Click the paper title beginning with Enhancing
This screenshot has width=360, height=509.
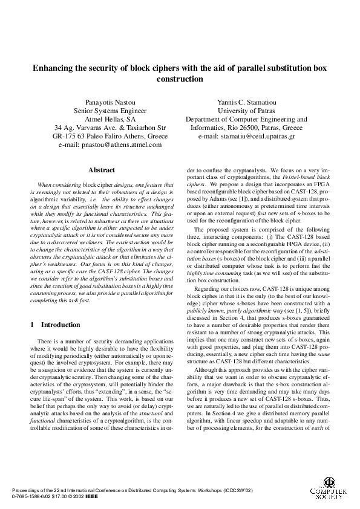point(180,68)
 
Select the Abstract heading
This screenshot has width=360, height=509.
point(102,170)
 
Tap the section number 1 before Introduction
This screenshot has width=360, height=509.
point(32,325)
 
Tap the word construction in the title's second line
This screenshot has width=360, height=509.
point(180,79)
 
